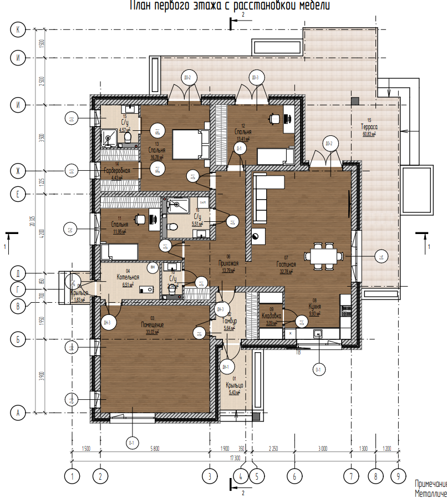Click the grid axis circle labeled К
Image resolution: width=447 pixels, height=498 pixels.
coord(18,31)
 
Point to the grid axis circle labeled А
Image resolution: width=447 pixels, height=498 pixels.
coord(18,413)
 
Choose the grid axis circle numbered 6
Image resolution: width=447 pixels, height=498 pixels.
coord(294,475)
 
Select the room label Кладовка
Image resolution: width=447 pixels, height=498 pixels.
coord(271,317)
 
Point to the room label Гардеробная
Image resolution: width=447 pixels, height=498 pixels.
coord(116,171)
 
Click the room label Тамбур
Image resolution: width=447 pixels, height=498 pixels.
coord(230,321)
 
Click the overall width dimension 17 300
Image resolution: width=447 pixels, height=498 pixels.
coord(235,458)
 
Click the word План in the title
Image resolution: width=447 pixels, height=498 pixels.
coord(143,6)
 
